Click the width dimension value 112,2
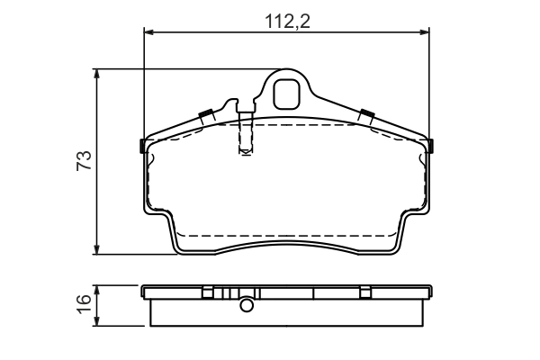coord(287,22)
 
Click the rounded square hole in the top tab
coord(288,91)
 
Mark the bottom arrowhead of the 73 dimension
coord(97,249)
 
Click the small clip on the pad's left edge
coord(143,146)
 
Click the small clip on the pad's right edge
coord(432,146)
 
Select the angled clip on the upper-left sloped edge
coord(205,115)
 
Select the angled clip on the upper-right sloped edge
coord(366,115)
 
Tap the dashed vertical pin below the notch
coord(244,139)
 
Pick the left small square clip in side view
coord(208,292)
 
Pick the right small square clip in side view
coord(364,292)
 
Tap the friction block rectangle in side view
coord(288,311)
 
